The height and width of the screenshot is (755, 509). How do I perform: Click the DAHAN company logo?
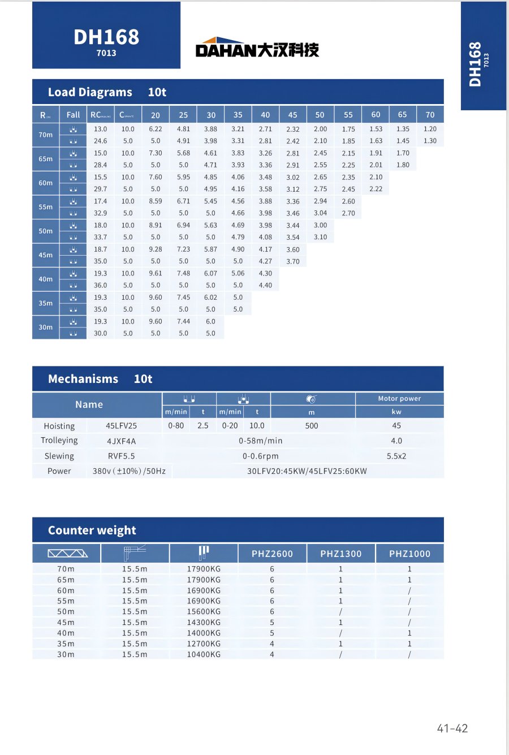pyautogui.click(x=257, y=48)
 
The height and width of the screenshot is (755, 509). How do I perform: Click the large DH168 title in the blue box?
pyautogui.click(x=106, y=37)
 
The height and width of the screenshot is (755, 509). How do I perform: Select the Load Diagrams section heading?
pyautogui.click(x=90, y=92)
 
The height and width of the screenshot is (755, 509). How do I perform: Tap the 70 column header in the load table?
pyautogui.click(x=430, y=115)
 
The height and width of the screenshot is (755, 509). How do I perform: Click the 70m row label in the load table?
pyautogui.click(x=46, y=135)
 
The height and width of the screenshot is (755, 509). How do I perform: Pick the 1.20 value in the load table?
pyautogui.click(x=430, y=129)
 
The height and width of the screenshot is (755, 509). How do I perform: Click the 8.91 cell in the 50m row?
pyautogui.click(x=156, y=225)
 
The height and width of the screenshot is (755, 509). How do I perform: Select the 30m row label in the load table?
pyautogui.click(x=46, y=327)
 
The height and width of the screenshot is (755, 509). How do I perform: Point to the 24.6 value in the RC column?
pyautogui.click(x=100, y=141)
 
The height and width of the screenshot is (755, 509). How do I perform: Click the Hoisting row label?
pyautogui.click(x=59, y=426)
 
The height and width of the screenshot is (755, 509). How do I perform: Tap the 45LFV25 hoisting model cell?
pyautogui.click(x=121, y=426)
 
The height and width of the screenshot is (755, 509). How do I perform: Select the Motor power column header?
pyautogui.click(x=399, y=399)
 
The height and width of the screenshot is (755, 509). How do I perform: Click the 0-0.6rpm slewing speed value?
pyautogui.click(x=260, y=456)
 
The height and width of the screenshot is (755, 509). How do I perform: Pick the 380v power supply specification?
pyautogui.click(x=129, y=471)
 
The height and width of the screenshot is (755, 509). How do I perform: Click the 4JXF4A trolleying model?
pyautogui.click(x=121, y=441)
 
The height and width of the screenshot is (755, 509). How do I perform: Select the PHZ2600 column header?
pyautogui.click(x=272, y=554)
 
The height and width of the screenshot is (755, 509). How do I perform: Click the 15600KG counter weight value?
pyautogui.click(x=204, y=612)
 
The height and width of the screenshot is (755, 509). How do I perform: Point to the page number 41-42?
pyautogui.click(x=452, y=728)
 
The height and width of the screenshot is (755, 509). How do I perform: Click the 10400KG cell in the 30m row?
pyautogui.click(x=204, y=654)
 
